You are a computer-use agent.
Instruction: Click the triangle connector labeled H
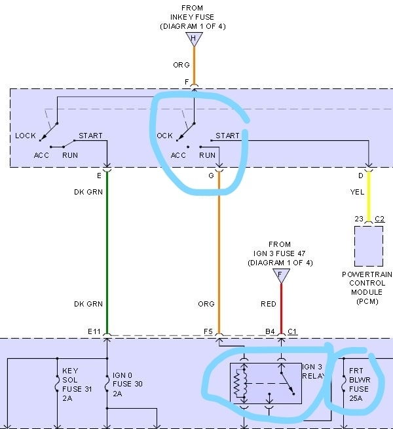click(x=193, y=39)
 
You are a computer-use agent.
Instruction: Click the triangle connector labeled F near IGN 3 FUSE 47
click(x=281, y=274)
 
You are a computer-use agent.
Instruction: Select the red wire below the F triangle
click(x=281, y=308)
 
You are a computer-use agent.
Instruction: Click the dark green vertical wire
click(x=106, y=249)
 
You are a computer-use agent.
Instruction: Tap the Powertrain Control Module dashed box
click(x=368, y=245)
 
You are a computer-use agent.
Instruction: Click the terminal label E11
click(x=93, y=332)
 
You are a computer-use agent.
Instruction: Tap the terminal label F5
click(x=208, y=332)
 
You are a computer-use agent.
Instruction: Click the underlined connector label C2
click(x=379, y=218)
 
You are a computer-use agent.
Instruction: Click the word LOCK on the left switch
click(x=26, y=136)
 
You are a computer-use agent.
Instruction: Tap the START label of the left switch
click(x=91, y=136)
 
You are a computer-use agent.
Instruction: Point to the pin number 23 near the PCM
click(x=359, y=218)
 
